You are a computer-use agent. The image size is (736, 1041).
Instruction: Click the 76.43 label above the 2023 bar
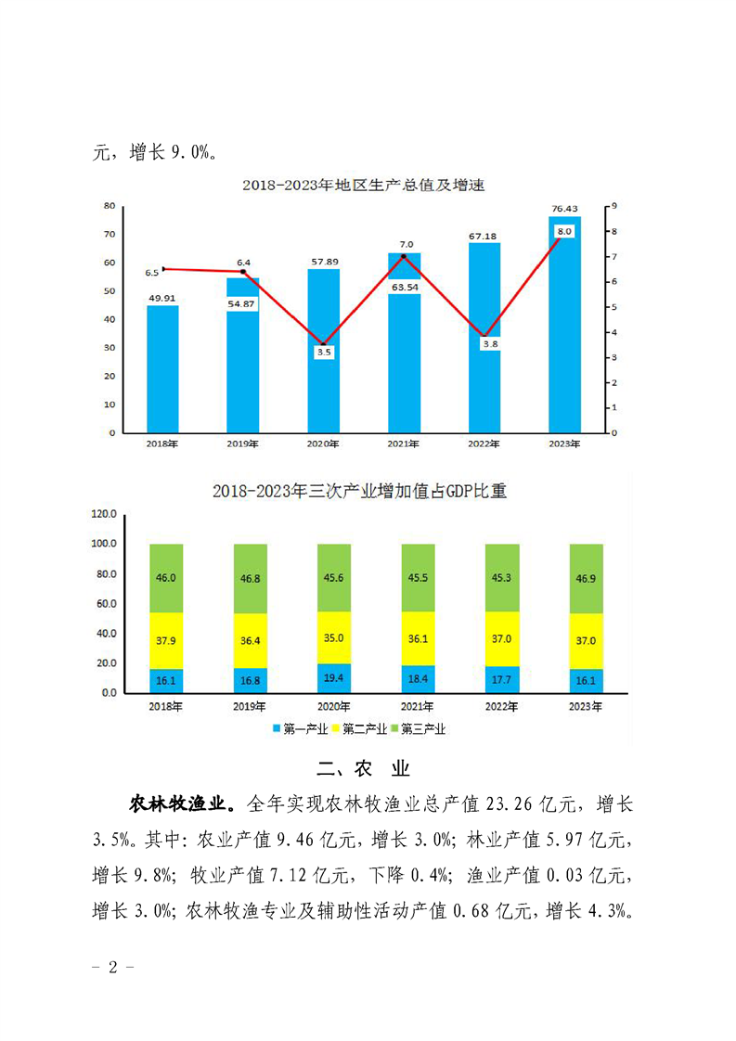point(563,208)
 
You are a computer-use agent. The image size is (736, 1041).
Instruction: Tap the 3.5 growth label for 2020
point(323,353)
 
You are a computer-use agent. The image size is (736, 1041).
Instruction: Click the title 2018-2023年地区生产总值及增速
point(364,186)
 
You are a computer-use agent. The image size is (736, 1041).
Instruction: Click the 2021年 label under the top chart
point(404,444)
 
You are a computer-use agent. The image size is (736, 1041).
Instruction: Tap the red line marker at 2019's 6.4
point(243,273)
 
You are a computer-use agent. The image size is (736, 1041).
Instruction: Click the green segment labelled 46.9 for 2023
point(586,578)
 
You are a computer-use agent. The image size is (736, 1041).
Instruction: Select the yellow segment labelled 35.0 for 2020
point(334,637)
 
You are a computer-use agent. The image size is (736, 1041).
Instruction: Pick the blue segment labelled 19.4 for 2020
point(334,679)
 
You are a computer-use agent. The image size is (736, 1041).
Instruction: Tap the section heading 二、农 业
point(363,769)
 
